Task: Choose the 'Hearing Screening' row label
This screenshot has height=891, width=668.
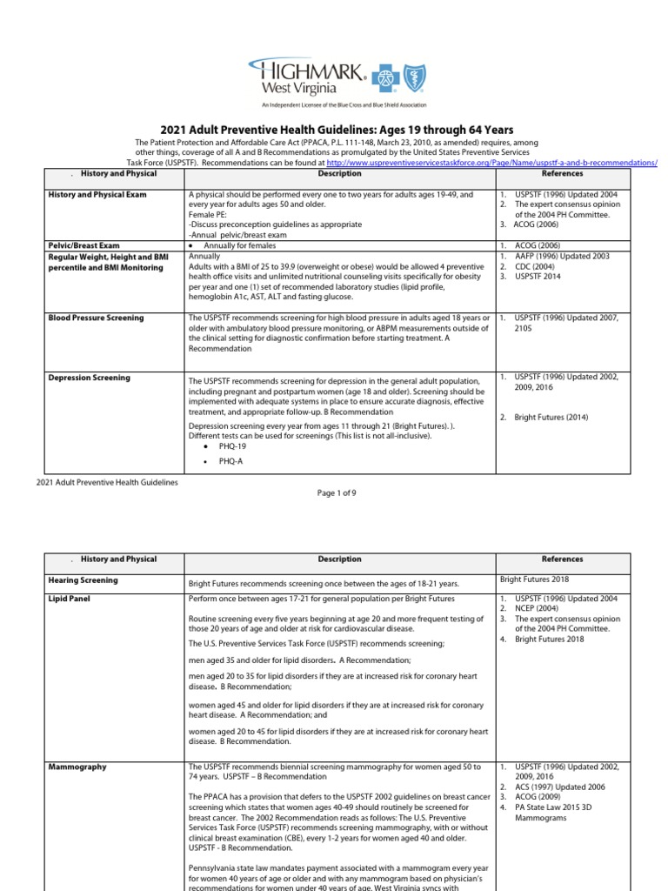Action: click(83, 579)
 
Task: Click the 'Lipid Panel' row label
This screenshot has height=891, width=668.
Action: click(70, 599)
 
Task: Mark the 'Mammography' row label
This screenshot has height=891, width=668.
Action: click(77, 767)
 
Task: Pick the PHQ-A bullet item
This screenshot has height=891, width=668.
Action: click(230, 461)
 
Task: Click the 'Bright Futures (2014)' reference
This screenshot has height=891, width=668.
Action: click(551, 418)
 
